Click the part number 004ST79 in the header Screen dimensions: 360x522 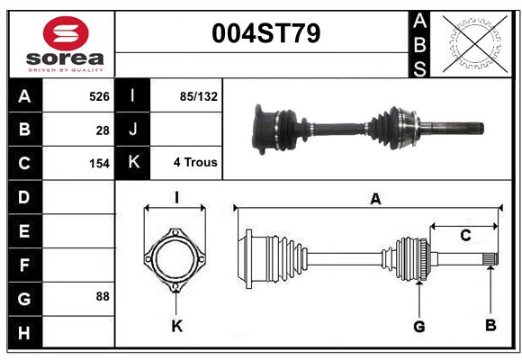(265, 34)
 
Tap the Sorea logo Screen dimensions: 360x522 (66, 45)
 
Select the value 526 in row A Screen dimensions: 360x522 (98, 95)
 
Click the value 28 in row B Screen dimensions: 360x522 (103, 130)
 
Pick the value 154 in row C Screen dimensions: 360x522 (98, 164)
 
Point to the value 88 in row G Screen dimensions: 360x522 (103, 295)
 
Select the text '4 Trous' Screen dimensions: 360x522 (195, 163)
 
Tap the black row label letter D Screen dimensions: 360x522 (24, 197)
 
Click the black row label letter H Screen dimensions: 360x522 (24, 333)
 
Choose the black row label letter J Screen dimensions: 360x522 (133, 130)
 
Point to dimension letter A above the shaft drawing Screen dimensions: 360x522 (374, 200)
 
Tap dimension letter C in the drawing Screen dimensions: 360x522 (465, 236)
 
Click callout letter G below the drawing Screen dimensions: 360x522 (418, 326)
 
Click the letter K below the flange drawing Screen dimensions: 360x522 (176, 326)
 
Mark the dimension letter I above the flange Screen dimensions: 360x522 (176, 197)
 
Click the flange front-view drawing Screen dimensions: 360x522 (176, 260)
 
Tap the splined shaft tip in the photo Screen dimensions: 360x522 (472, 127)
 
